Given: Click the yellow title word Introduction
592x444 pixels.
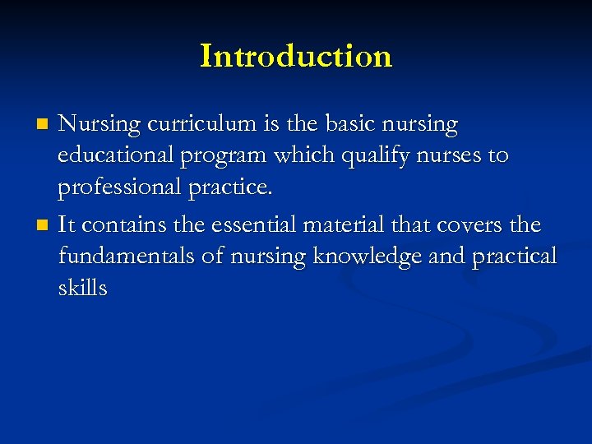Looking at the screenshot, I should (296, 56).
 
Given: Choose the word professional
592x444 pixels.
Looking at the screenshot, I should (120, 187).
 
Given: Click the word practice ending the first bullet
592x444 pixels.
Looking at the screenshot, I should (230, 187).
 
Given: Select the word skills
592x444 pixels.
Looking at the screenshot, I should (82, 288).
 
